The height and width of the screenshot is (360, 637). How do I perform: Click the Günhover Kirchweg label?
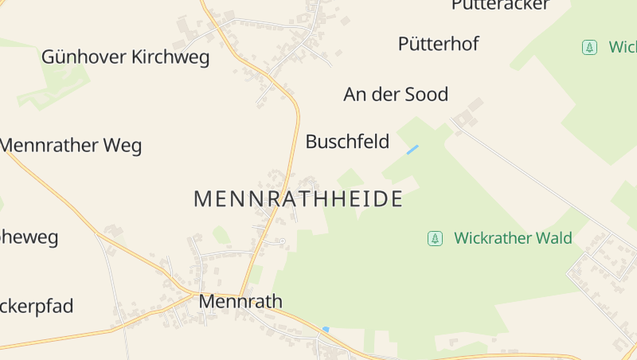tap(125, 57)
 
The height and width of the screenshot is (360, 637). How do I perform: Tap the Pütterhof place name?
tap(438, 44)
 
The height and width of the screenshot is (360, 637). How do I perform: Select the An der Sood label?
tap(396, 95)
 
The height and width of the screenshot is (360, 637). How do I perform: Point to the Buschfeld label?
tap(347, 142)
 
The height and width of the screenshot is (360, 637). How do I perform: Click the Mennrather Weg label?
tap(71, 146)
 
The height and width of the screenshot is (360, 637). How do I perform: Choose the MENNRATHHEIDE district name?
tap(298, 199)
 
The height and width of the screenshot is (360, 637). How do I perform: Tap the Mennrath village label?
tap(240, 301)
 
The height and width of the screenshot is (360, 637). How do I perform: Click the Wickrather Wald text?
tap(513, 238)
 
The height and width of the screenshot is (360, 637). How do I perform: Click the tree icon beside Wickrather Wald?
tap(435, 238)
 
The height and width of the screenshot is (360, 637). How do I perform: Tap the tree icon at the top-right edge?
tap(589, 47)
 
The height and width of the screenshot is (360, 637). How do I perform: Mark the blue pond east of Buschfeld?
tap(412, 150)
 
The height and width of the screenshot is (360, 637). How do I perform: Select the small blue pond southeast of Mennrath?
tap(326, 329)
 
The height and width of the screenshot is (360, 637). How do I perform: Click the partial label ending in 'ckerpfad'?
tap(37, 306)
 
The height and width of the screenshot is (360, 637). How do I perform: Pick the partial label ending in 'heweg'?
tap(29, 237)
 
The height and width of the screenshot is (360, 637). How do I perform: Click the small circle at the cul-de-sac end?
tap(282, 241)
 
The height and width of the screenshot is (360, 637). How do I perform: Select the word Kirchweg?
tap(170, 57)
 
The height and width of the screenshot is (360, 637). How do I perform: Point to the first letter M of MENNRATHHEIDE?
tap(202, 199)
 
